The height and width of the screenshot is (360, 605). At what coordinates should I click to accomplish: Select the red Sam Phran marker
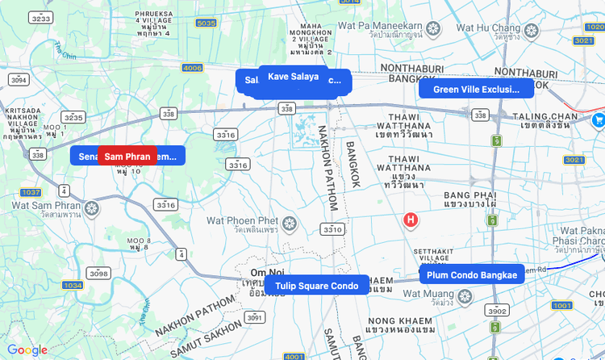[127, 157]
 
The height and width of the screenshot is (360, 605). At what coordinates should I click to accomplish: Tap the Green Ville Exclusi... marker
[475, 89]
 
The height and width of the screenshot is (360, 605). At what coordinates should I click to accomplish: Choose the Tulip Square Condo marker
[316, 286]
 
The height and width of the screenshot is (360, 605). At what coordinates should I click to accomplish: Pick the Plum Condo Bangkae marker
[472, 275]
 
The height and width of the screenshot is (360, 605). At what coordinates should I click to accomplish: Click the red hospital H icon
[411, 220]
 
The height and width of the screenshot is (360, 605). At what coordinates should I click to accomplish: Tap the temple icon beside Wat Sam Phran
[92, 209]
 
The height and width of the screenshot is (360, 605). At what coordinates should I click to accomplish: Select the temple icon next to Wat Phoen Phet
[288, 222]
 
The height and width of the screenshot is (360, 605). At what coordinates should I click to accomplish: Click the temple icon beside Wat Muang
[464, 296]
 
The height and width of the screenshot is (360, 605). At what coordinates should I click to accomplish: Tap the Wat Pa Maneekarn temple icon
[433, 30]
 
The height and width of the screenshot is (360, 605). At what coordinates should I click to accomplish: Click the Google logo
[27, 350]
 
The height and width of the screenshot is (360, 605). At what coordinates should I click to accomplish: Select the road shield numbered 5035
[206, 23]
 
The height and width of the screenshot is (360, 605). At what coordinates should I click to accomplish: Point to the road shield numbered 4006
[193, 68]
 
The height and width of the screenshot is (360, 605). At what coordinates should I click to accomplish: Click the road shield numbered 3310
[332, 229]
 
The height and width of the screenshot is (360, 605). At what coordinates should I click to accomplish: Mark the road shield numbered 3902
[496, 311]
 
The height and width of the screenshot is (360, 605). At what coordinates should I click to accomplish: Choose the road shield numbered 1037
[31, 192]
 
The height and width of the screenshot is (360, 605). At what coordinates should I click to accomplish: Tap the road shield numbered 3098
[98, 274]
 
